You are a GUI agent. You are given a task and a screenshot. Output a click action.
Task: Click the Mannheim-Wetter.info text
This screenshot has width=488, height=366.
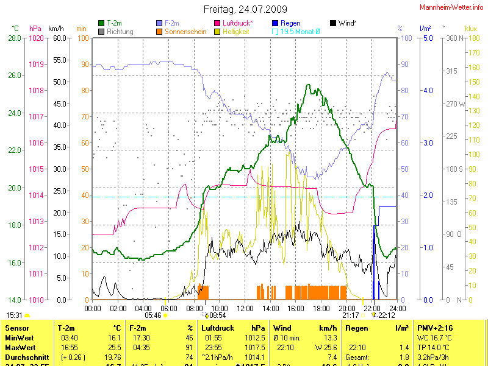pyautogui.click(x=451, y=7)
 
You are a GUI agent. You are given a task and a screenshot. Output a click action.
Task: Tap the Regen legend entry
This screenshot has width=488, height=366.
pyautogui.click(x=290, y=23)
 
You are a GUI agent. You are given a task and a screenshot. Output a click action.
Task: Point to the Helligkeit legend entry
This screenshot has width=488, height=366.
pyautogui.click(x=235, y=30)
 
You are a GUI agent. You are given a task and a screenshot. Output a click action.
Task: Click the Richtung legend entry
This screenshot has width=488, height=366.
pyautogui.click(x=120, y=30)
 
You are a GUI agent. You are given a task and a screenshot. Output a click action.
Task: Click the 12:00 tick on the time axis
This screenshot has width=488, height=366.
pyautogui.click(x=245, y=308)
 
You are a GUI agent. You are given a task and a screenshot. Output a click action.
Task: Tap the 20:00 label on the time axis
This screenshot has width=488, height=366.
pyautogui.click(x=346, y=308)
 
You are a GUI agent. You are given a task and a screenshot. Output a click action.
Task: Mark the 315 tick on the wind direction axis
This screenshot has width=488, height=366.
pyautogui.click(x=451, y=71)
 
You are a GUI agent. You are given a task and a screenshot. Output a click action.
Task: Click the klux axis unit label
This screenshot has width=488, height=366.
pyautogui.click(x=470, y=28)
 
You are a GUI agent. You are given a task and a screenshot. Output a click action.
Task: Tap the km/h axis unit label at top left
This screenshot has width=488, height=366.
pyautogui.click(x=56, y=28)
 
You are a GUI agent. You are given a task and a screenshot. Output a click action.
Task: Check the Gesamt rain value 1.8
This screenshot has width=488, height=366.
pyautogui.click(x=404, y=357)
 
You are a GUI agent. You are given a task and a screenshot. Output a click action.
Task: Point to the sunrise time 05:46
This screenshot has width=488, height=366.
pyautogui.click(x=153, y=315)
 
